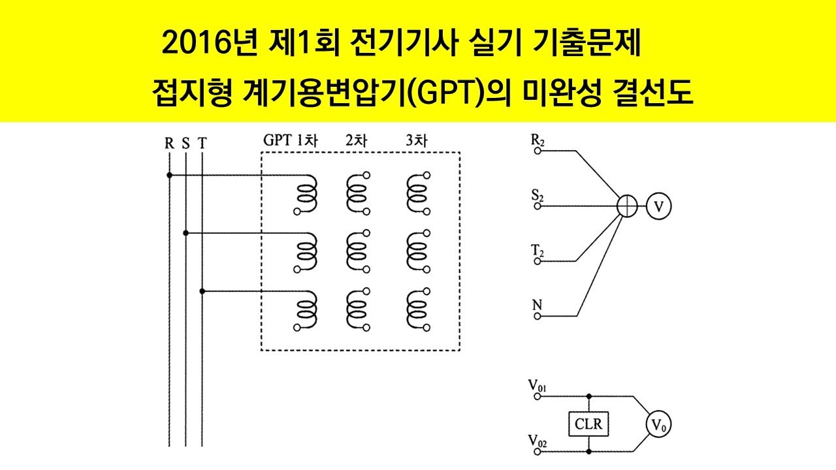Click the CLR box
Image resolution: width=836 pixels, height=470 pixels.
[x=589, y=425]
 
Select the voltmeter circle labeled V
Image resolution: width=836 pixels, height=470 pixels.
[x=658, y=206]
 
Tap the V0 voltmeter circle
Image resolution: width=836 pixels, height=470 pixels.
[x=658, y=425]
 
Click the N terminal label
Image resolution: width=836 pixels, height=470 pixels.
[x=538, y=305]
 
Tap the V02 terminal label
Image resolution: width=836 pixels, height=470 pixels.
[x=538, y=441]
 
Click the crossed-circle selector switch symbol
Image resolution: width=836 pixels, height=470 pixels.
[x=627, y=206]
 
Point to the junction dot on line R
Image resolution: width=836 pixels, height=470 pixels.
[x=169, y=175]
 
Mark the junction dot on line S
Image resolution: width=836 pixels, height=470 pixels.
[x=186, y=232]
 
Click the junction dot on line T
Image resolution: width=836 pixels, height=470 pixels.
[x=202, y=290]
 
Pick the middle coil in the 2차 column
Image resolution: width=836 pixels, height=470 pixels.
[x=357, y=251]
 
